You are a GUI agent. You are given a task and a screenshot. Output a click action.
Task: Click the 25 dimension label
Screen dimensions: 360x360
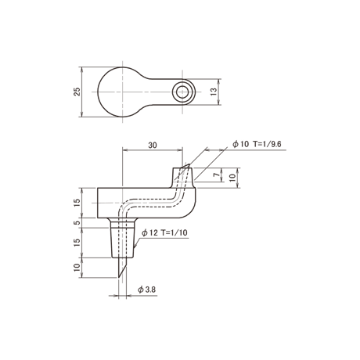pyautogui.click(x=77, y=92)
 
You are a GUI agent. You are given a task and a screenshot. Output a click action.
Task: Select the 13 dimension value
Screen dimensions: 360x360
pyautogui.click(x=214, y=92)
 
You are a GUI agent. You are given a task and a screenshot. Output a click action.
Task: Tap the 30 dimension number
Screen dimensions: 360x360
pyautogui.click(x=153, y=145)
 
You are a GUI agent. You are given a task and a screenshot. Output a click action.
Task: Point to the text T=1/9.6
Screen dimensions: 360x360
pyautogui.click(x=267, y=144)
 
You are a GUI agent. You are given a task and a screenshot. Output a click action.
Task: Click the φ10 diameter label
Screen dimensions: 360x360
pyautogui.click(x=241, y=144)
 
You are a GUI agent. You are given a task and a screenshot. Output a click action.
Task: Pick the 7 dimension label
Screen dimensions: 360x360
pyautogui.click(x=216, y=175)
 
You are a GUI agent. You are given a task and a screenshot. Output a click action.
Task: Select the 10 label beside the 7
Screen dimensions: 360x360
pyautogui.click(x=232, y=178)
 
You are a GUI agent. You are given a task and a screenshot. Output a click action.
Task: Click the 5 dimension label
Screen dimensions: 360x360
pyautogui.click(x=77, y=223)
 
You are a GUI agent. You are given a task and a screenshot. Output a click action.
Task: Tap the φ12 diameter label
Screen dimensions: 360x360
pyautogui.click(x=149, y=232)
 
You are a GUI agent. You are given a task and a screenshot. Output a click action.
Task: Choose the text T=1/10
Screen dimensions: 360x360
pyautogui.click(x=175, y=232)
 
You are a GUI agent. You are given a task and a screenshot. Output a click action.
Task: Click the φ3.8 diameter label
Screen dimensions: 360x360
pyautogui.click(x=147, y=290)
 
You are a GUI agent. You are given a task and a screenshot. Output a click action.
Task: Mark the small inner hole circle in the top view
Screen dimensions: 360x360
pyautogui.click(x=182, y=92)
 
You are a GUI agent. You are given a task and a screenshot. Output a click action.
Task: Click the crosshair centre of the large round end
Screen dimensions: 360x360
pyautogui.click(x=122, y=92)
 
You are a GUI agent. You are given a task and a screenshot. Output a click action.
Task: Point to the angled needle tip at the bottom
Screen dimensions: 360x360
pyautogui.click(x=119, y=277)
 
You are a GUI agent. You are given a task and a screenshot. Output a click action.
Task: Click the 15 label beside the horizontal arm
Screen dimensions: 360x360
pyautogui.click(x=77, y=203)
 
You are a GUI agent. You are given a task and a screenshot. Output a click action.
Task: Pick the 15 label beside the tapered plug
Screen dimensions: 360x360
pyautogui.click(x=77, y=243)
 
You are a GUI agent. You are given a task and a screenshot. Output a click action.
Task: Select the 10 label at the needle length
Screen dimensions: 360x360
pyautogui.click(x=77, y=268)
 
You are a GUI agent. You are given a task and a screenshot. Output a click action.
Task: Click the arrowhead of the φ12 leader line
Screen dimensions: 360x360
pyautogui.click(x=135, y=246)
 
